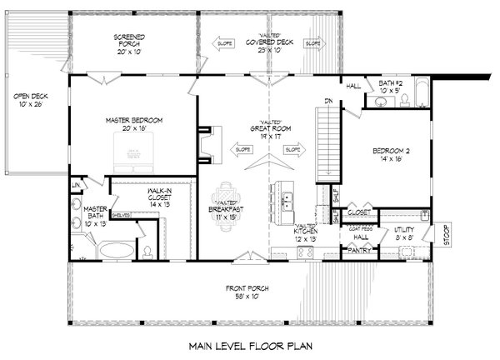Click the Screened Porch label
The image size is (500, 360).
point(132,42)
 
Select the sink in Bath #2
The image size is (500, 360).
point(381,102)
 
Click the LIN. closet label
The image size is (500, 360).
point(75,184)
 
